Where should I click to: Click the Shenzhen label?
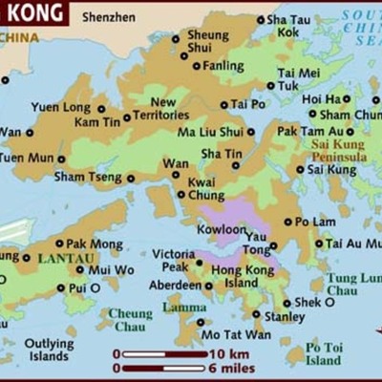click(x=109, y=17)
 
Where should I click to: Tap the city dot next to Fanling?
click(x=197, y=66)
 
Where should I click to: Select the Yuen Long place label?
click(x=61, y=107)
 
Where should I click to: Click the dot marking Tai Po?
click(x=224, y=105)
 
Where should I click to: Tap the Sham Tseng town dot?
click(x=131, y=177)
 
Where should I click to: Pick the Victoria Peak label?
click(x=173, y=261)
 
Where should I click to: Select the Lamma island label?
click(x=184, y=307)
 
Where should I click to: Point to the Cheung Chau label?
click(x=130, y=320)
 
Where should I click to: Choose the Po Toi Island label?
click(x=323, y=354)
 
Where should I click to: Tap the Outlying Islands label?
click(x=49, y=350)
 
